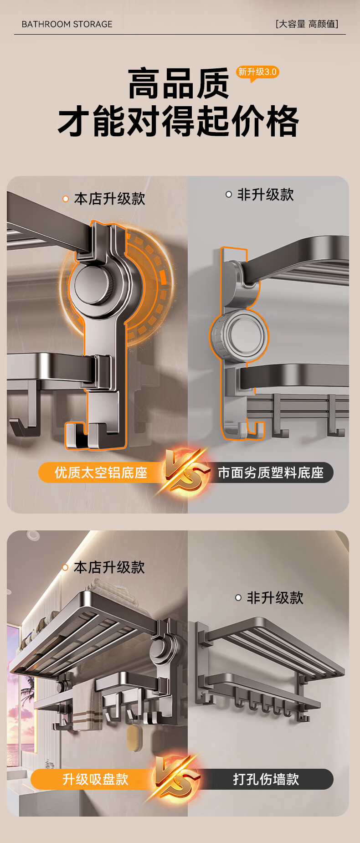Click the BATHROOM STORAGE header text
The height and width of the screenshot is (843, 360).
67,24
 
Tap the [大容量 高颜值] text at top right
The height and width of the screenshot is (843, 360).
307,24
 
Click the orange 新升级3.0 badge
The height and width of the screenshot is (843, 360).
257,72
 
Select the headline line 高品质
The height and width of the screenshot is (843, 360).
179,84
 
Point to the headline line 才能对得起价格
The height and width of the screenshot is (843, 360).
179,121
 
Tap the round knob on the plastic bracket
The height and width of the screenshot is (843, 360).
240,336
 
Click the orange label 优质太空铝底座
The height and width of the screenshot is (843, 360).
101,473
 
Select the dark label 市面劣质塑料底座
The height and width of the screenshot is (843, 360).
271,473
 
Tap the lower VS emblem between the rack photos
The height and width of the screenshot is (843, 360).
175,779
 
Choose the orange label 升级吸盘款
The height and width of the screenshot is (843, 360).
96,779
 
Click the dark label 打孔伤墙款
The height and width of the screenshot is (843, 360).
266,779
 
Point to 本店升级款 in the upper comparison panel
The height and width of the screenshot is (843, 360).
109,199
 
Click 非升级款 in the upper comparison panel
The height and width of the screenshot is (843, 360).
265,195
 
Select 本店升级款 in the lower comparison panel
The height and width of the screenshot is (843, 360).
109,567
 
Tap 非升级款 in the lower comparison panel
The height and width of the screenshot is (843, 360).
275,598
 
